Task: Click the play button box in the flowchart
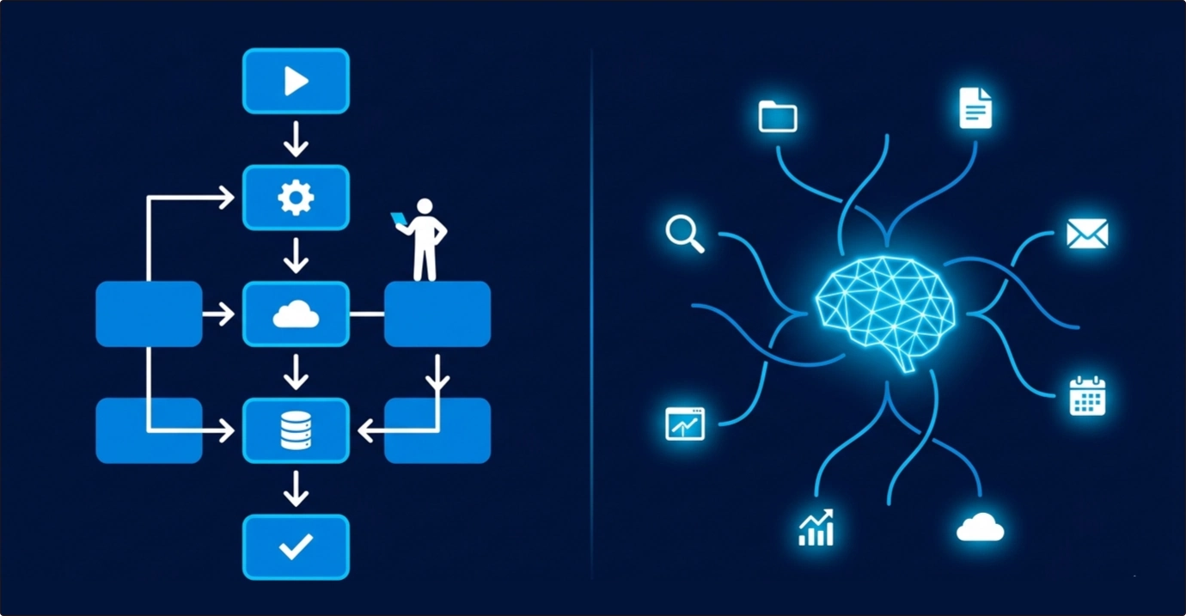[296, 81]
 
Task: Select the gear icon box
[296, 198]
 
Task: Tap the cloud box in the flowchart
[296, 314]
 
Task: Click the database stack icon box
[296, 430]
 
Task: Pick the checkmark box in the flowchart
[296, 546]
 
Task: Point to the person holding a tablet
[423, 241]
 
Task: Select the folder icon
[778, 116]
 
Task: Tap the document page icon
[975, 107]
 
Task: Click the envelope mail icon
[1086, 234]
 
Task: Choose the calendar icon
[1087, 396]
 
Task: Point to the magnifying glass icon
[685, 234]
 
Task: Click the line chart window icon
[685, 424]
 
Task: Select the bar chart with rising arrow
[816, 528]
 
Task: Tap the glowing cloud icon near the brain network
[981, 526]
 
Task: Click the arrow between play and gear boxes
[296, 139]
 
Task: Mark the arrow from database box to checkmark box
[296, 488]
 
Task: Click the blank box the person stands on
[437, 314]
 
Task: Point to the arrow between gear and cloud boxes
[296, 255]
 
